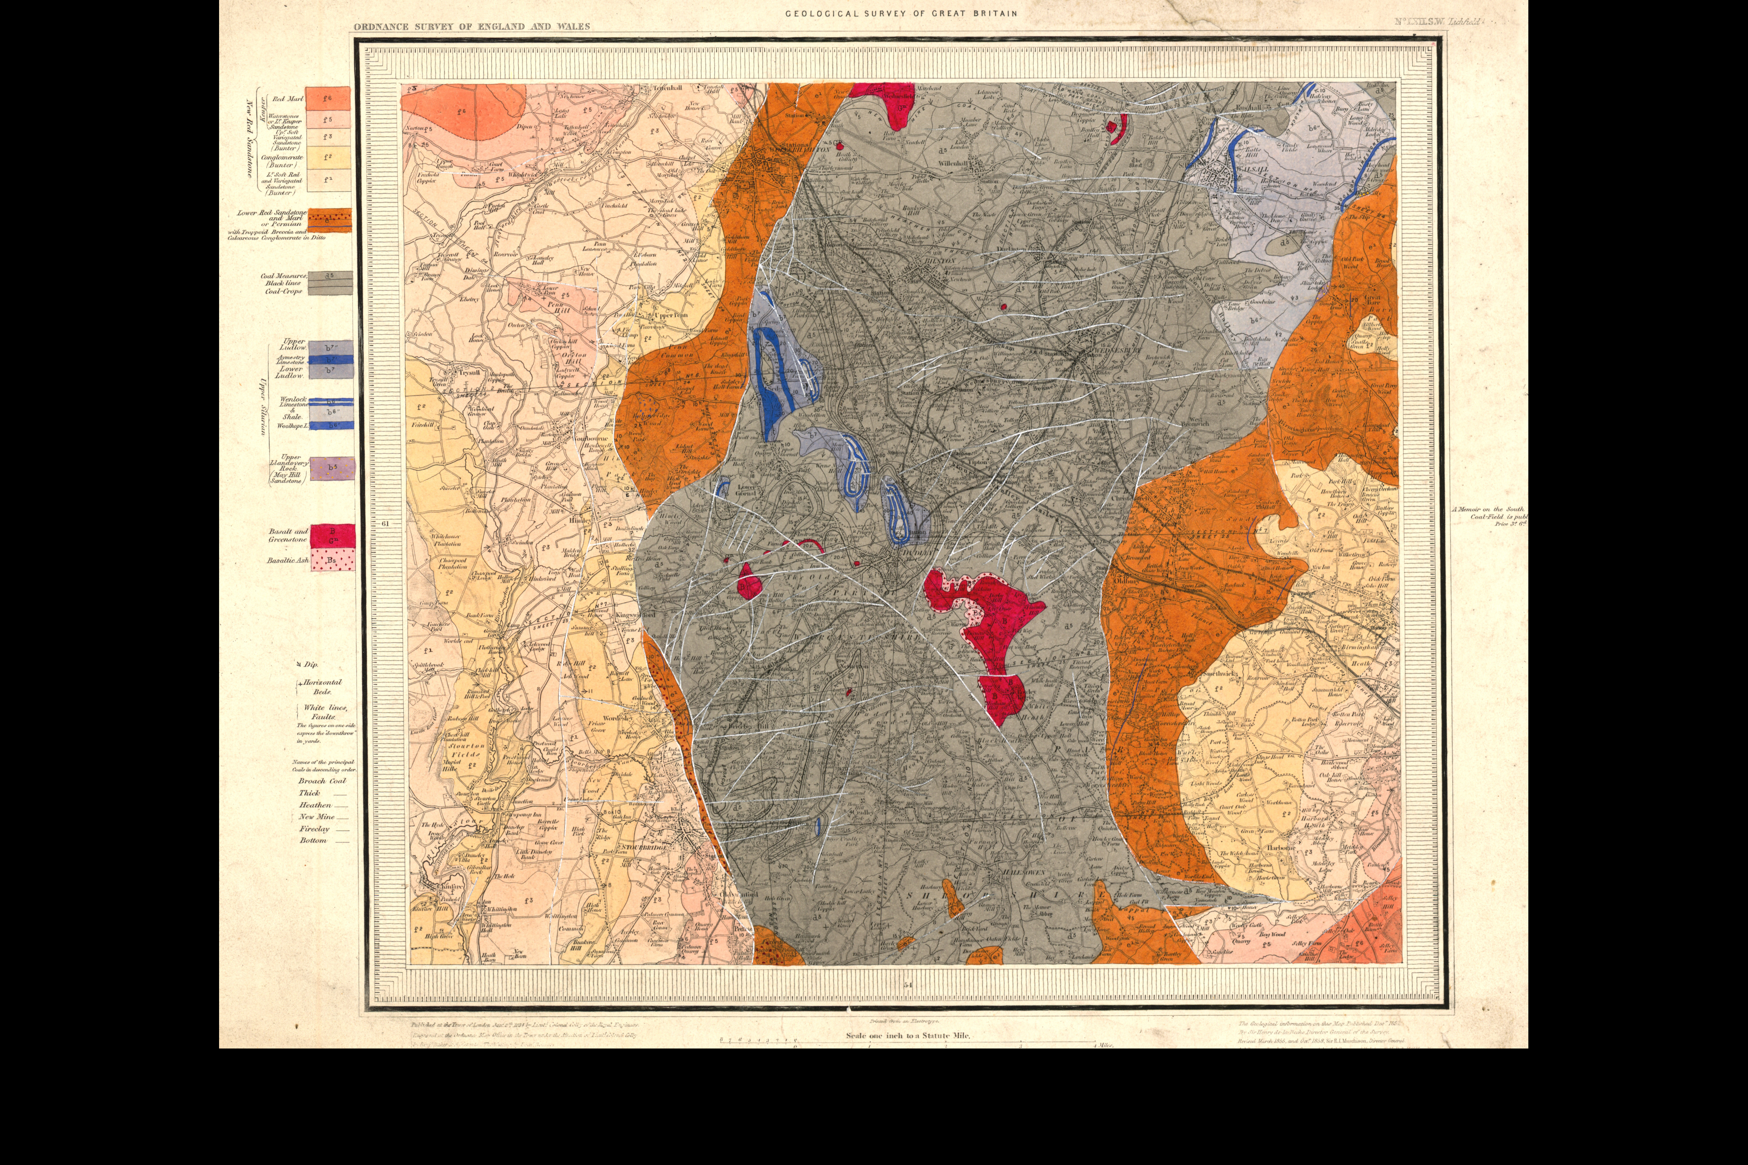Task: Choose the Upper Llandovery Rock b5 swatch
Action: tap(332, 468)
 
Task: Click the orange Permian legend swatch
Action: tap(329, 221)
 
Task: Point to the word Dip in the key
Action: tap(310, 664)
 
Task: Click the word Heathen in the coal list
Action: tap(315, 805)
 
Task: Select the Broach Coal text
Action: tap(322, 781)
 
